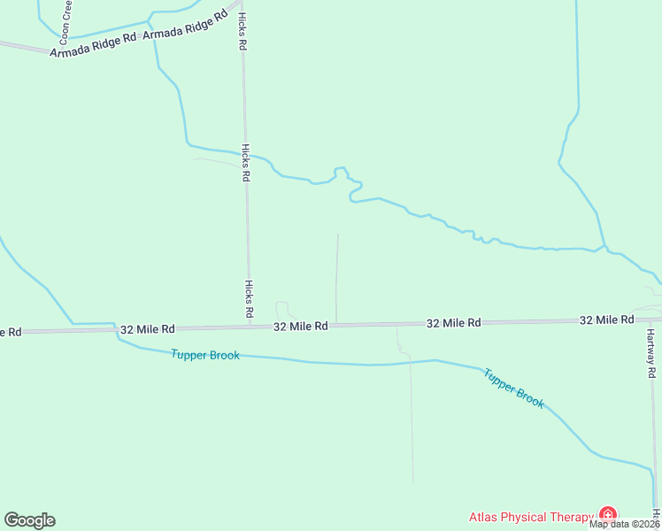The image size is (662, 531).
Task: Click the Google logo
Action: tap(29, 520)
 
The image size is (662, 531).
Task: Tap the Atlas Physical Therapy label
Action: tap(531, 517)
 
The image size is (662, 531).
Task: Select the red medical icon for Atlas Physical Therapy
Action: tap(607, 514)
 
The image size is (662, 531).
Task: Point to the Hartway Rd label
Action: tap(650, 353)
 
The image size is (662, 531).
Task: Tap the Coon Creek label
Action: tap(65, 23)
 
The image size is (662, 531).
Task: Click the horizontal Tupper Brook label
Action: tap(204, 355)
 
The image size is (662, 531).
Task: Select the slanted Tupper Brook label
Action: tap(514, 387)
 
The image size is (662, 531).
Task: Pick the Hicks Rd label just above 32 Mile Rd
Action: tap(250, 299)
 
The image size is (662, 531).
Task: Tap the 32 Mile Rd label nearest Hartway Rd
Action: tap(607, 319)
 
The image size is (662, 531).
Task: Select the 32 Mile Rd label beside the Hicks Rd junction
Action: tap(301, 327)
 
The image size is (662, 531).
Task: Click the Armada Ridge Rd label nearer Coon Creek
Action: tap(93, 46)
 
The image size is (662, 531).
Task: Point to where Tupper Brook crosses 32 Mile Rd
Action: tap(116, 329)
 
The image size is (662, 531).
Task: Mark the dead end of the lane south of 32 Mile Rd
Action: tap(413, 483)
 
